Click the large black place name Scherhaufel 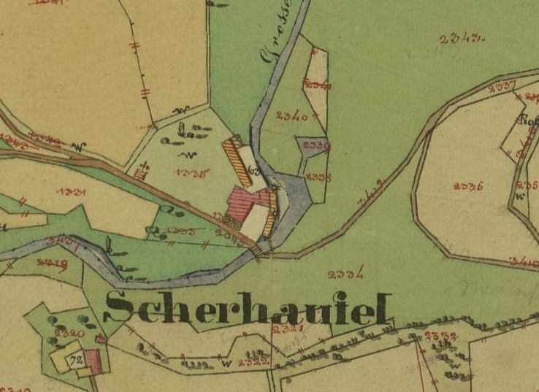pyautogui.click(x=249, y=307)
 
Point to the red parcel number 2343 pyautogui.click(x=463, y=38)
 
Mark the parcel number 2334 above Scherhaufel pyautogui.click(x=346, y=274)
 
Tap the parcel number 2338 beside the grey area pyautogui.click(x=318, y=177)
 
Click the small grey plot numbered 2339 pyautogui.click(x=316, y=146)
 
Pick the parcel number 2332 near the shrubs pyautogui.click(x=439, y=337)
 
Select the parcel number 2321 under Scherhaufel pyautogui.click(x=285, y=331)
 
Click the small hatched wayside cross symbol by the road pyautogui.click(x=140, y=173)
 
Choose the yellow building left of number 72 pyautogui.click(x=60, y=361)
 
